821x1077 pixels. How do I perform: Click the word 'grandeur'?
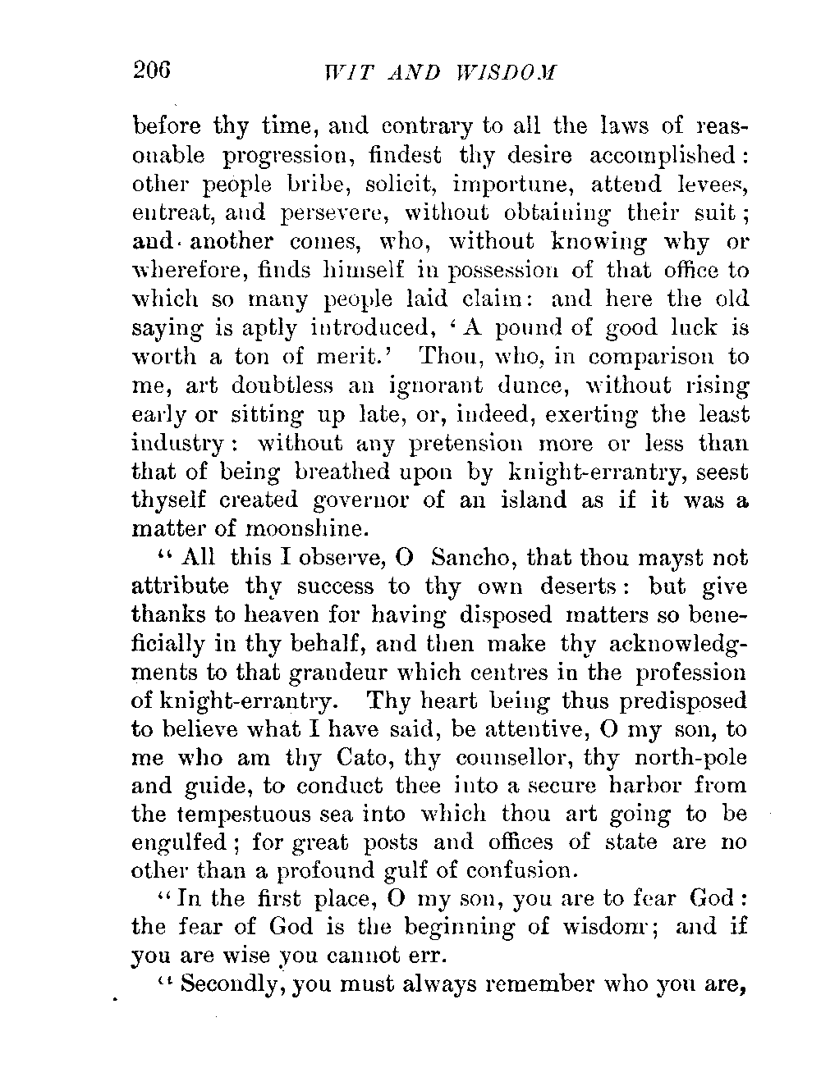pos(358,673)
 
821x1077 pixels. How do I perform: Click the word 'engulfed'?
pos(186,844)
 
